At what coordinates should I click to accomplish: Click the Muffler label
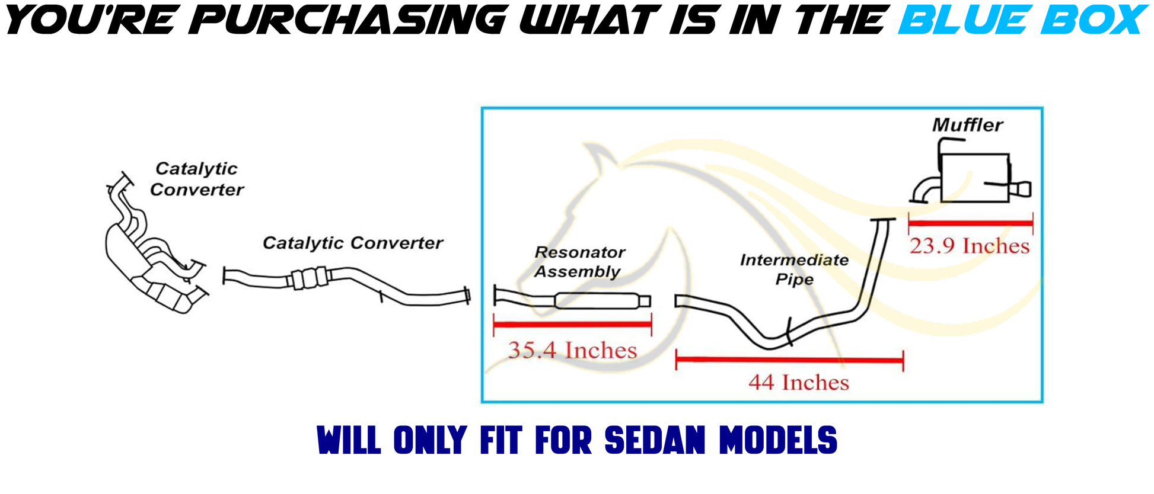(967, 125)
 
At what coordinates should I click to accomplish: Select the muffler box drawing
(974, 178)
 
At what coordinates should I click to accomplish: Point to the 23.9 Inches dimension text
(970, 246)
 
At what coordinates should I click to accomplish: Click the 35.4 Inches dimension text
(572, 350)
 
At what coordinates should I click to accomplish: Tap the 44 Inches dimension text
(798, 383)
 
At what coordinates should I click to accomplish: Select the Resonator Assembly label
(579, 262)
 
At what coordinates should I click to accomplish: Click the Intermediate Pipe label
(794, 270)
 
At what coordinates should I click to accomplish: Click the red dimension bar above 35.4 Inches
(572, 324)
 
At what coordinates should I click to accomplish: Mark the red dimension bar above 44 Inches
(789, 360)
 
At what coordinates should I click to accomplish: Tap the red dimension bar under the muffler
(971, 223)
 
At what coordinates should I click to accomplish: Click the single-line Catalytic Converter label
(353, 243)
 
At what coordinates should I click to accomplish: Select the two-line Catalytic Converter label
(196, 179)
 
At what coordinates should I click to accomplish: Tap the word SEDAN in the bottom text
(656, 440)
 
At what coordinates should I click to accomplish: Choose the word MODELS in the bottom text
(778, 440)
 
